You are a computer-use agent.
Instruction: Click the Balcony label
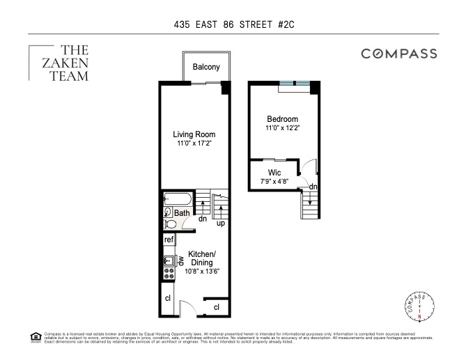point(206,68)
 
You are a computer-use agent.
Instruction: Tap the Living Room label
point(194,134)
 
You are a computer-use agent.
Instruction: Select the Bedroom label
point(282,119)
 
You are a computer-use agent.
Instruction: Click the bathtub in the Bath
point(176,198)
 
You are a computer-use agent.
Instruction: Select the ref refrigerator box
point(169,240)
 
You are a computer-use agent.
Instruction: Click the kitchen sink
point(168,263)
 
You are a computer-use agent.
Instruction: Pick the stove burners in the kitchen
point(168,276)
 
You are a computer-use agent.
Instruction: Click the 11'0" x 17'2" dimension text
point(194,143)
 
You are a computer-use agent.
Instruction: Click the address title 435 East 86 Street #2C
point(233,24)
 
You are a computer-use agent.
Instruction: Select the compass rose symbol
point(419,307)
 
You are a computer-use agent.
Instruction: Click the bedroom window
point(295,84)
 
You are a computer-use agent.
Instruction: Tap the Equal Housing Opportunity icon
point(36,337)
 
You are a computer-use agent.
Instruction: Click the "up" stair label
point(220,224)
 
